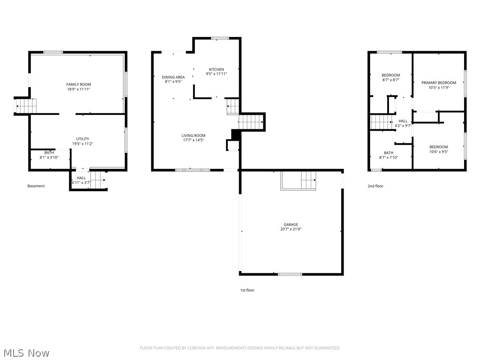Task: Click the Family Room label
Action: pos(78,84)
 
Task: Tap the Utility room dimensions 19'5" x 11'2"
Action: pos(82,143)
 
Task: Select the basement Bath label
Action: pos(49,152)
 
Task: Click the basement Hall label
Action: pos(81,178)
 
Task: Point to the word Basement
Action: pos(36,186)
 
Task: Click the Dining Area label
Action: pos(173,77)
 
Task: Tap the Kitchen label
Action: pos(216,69)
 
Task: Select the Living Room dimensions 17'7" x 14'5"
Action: pos(194,140)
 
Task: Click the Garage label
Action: pos(291,225)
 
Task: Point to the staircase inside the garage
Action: pos(308,179)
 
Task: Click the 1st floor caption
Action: pos(247,290)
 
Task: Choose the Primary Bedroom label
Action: pos(438,83)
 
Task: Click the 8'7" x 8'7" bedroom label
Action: pos(390,80)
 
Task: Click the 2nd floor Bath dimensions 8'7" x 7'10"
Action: pos(389,157)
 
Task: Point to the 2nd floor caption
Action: pos(375,186)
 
